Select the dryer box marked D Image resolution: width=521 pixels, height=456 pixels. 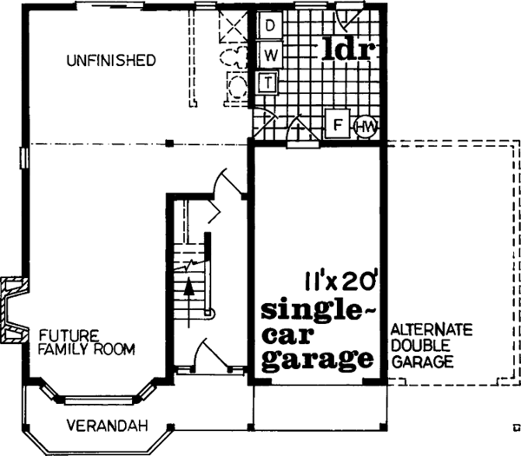point(269,26)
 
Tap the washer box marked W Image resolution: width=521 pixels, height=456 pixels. point(269,55)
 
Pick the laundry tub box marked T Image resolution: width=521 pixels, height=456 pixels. point(269,83)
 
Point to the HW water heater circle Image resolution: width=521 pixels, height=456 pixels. point(366,129)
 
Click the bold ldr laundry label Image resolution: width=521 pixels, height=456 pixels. point(346,50)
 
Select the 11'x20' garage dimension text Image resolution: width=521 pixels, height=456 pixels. point(338,281)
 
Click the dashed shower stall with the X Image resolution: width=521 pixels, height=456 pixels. point(234,27)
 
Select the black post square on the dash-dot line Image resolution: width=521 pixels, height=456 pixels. point(171,142)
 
